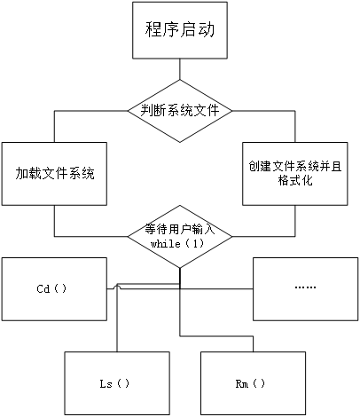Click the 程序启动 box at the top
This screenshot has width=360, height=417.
tap(180, 30)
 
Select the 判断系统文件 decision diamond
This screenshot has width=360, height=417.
tap(180, 111)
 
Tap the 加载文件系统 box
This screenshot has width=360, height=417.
tap(54, 172)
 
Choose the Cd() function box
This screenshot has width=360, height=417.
tap(52, 287)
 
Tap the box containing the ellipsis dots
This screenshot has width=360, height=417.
tap(305, 287)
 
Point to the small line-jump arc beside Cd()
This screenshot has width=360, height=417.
tap(116, 286)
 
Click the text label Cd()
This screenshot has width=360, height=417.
tap(52, 288)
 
